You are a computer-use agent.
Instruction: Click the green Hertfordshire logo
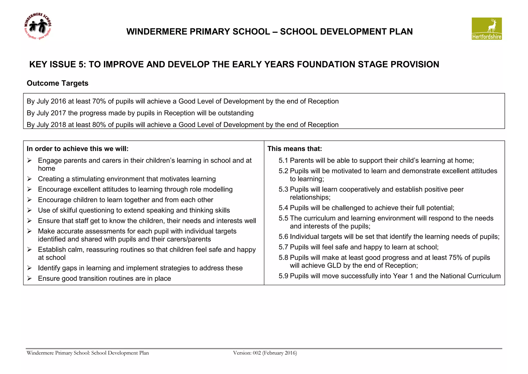tap(486, 29)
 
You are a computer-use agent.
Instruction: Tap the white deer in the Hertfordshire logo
tap(492, 26)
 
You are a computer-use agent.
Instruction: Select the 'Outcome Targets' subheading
tap(57, 83)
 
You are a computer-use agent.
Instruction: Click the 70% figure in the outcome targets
tap(99, 101)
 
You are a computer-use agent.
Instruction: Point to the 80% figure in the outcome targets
tap(99, 125)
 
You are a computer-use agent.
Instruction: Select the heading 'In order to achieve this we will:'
tap(77, 149)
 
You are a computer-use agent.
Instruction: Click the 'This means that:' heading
tap(295, 149)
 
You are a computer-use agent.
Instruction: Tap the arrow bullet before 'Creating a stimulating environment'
tap(30, 179)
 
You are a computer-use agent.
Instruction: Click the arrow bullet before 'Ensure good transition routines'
tap(30, 278)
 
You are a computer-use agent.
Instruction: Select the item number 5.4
tap(283, 208)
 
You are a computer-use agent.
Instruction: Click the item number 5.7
tap(283, 247)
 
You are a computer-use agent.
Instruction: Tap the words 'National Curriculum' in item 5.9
tap(470, 276)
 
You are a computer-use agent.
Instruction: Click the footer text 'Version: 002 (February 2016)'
tap(265, 353)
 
